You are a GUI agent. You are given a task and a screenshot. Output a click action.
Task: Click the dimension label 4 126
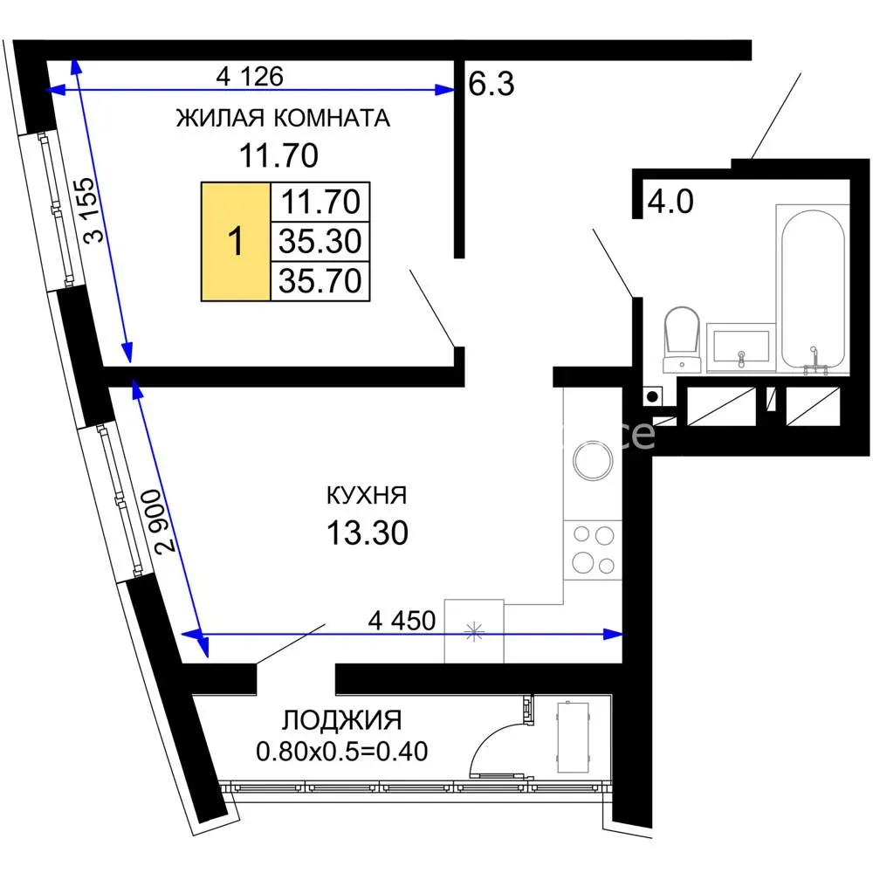click(250, 76)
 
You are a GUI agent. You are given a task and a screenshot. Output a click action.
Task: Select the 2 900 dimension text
click(165, 520)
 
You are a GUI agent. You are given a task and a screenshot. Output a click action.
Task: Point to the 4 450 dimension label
click(402, 620)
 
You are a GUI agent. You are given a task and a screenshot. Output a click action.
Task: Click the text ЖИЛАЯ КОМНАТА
click(283, 118)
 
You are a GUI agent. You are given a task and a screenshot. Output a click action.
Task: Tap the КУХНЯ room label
click(367, 495)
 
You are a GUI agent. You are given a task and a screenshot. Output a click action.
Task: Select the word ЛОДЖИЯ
click(341, 720)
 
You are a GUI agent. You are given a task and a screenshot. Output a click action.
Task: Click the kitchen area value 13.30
click(367, 533)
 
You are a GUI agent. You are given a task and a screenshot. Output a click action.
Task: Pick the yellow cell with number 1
click(236, 242)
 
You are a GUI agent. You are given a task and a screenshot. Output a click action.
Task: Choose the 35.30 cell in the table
click(320, 241)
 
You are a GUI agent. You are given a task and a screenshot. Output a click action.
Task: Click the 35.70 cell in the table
click(320, 280)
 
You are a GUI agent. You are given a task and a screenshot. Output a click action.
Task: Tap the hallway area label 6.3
click(491, 84)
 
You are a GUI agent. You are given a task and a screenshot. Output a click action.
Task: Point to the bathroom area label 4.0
click(670, 201)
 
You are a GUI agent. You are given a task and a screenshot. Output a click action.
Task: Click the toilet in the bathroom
click(682, 339)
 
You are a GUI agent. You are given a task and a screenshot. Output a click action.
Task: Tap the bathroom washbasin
click(741, 347)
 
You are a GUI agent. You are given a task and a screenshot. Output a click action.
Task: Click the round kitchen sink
click(593, 461)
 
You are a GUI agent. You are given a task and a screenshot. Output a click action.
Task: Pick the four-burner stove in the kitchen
click(593, 550)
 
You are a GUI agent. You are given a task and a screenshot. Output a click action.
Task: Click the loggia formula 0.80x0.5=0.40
click(342, 751)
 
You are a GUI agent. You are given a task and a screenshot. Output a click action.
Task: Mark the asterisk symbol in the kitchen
click(474, 631)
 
